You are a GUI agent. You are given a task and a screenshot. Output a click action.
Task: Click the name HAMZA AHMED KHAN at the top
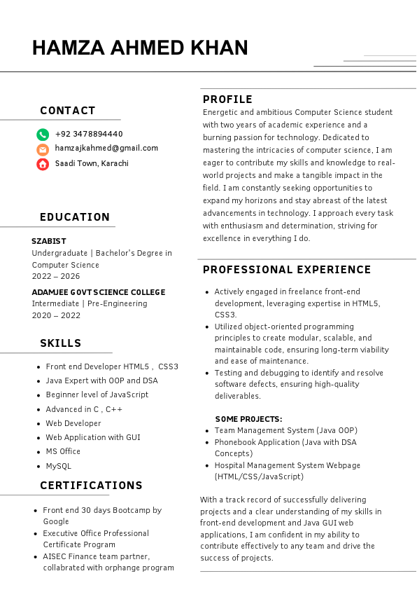pos(140,48)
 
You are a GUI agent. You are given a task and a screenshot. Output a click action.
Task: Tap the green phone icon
pos(43,135)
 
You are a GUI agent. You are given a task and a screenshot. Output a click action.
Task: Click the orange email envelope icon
pos(43,149)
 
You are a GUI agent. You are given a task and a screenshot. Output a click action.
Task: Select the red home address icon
pos(43,164)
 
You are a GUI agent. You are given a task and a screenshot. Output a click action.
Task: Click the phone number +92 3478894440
pos(88,134)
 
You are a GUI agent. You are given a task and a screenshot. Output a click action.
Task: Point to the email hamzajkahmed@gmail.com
pos(106,149)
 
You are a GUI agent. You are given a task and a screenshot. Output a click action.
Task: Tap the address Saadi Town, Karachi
pos(92,163)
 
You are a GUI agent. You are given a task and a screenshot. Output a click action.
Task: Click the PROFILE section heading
pos(227,100)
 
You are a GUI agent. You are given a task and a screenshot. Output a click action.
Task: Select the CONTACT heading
pos(68,111)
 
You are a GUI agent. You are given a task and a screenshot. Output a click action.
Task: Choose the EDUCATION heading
pos(75,217)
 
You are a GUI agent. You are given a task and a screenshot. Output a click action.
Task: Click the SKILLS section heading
pos(61,343)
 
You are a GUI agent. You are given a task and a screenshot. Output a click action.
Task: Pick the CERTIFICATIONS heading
pos(91,486)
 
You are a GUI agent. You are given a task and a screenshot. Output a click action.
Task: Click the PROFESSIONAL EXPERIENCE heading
pos(287,270)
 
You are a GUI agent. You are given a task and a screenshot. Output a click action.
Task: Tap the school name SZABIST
pos(49,241)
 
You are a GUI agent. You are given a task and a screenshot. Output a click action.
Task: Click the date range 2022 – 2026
pos(56,276)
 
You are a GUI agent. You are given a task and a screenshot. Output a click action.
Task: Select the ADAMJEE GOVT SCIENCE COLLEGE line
pos(99,292)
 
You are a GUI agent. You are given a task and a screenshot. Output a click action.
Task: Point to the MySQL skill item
pos(59,466)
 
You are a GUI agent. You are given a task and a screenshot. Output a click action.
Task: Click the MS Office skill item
pos(63,451)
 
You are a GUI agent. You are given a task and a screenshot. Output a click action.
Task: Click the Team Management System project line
pos(285,430)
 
